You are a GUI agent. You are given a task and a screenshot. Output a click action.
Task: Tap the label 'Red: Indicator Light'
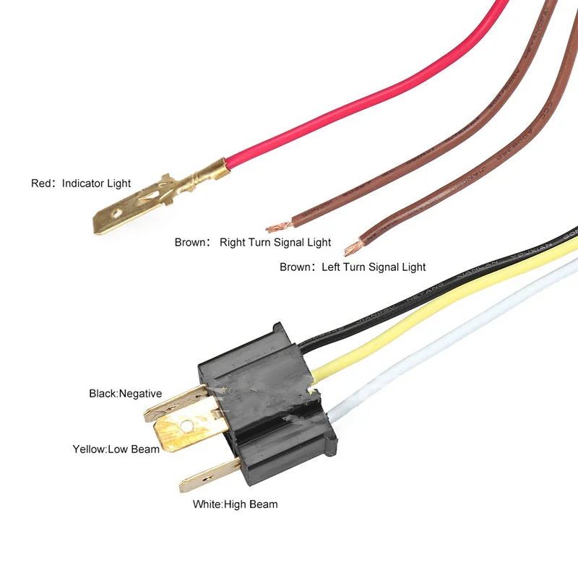point(81,184)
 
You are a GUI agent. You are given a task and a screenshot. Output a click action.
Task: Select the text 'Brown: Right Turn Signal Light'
point(253,242)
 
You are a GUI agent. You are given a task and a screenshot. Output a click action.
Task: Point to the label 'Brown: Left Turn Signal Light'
point(353,267)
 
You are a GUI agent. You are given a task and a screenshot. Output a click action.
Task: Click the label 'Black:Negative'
point(125,394)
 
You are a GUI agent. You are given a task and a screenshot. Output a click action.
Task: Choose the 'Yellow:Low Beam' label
point(116,449)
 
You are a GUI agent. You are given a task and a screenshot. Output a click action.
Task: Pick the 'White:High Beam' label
point(235,504)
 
